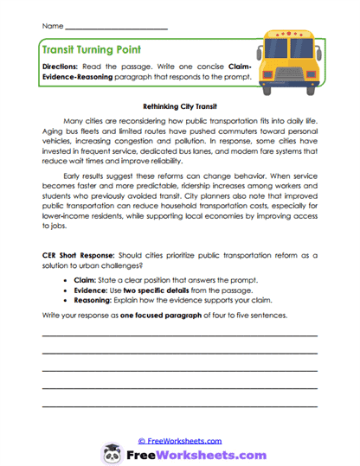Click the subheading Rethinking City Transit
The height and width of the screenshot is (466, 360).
tap(179, 104)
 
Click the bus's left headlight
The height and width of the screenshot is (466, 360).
tap(278, 71)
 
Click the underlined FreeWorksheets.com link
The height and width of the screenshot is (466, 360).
tap(179, 440)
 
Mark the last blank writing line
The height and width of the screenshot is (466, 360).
tap(179, 405)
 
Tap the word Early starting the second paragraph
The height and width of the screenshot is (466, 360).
tap(75, 173)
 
